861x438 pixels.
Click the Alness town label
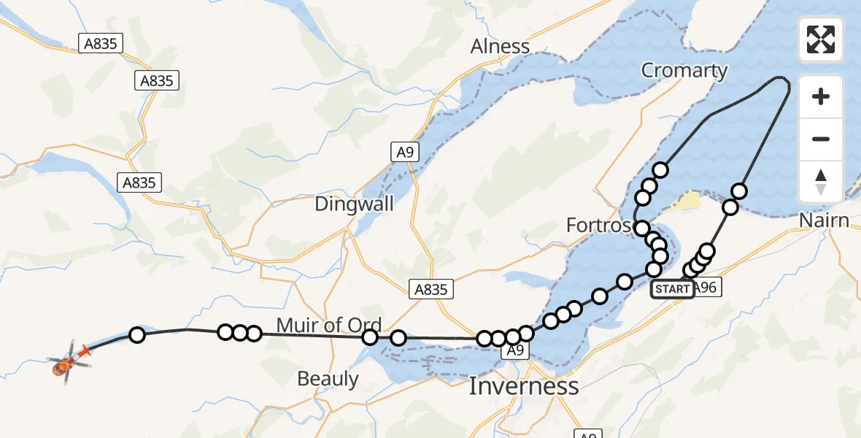[500, 47]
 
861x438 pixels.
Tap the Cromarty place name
[684, 71]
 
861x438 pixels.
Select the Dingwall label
[354, 204]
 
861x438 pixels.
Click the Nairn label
[824, 220]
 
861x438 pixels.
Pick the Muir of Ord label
[328, 325]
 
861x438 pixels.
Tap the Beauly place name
[328, 379]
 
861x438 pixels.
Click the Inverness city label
[524, 385]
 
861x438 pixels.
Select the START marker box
[672, 289]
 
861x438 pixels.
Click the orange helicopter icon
[69, 359]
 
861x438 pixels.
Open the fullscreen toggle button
[821, 39]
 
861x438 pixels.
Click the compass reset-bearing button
[821, 181]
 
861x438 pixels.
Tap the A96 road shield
[706, 288]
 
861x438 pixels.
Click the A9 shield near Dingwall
[404, 152]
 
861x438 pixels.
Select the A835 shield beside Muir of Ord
[430, 289]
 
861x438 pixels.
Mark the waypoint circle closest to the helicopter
[136, 335]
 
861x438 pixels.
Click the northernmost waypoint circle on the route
[660, 170]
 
